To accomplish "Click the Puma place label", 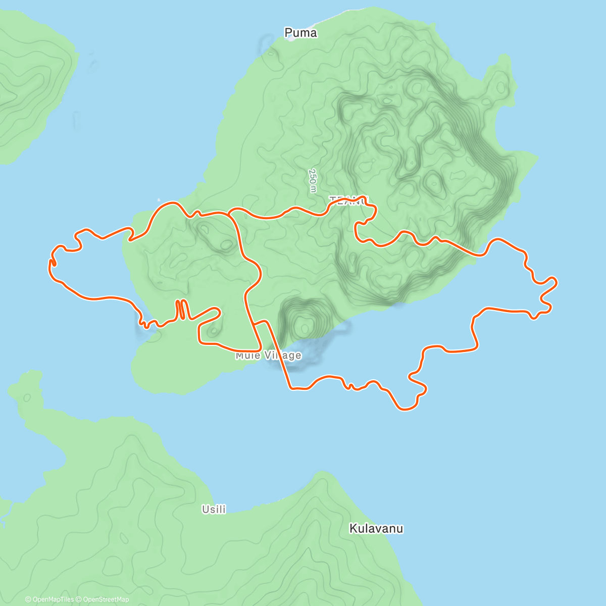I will tap(300, 33).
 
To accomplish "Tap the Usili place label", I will tap(214, 510).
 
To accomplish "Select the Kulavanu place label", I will tap(376, 529).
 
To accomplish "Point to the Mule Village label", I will tap(268, 356).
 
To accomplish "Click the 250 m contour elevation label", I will tap(313, 180).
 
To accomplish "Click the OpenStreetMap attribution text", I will tap(106, 599).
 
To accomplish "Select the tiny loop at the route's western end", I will tap(52, 263).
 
